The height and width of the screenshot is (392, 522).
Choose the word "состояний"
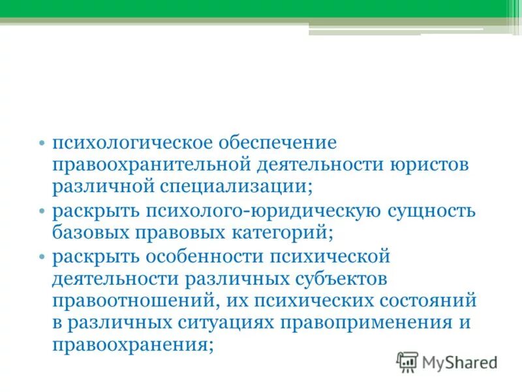[423, 301]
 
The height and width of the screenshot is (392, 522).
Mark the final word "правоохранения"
[131, 346]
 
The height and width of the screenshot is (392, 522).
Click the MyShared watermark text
[459, 362]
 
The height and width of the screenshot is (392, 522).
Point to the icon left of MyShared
[407, 361]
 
